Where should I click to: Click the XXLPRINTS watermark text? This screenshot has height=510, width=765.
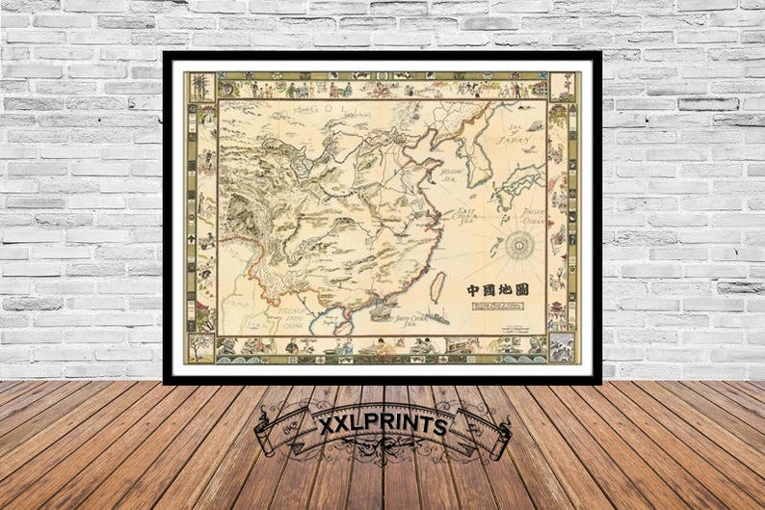coord(382,424)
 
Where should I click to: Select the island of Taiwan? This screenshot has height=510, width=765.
coord(436,286)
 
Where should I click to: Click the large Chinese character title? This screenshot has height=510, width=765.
coord(497,288)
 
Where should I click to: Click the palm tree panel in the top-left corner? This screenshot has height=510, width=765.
coord(200,86)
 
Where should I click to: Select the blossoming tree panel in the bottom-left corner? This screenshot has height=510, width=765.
coord(200,346)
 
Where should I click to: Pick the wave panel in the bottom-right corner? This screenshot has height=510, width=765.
coord(562,346)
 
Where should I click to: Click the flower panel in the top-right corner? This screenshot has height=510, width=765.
coord(562,86)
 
